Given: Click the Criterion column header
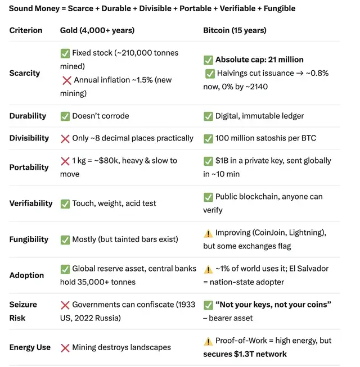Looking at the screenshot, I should [25, 30].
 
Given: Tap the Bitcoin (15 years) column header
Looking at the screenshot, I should [235, 30].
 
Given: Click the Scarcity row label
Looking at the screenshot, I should [25, 73].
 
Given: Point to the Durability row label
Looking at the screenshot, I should [28, 116].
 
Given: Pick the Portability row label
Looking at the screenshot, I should [29, 167].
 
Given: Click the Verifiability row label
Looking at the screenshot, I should [31, 203].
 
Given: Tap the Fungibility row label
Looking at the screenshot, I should [29, 239].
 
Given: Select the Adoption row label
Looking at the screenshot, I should [26, 275].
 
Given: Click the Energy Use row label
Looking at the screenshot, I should [30, 347].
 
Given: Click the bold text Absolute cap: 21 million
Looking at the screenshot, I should [259, 60].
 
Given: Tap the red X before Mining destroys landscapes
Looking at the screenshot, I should [65, 347].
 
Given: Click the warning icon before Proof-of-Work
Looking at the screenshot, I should [208, 341].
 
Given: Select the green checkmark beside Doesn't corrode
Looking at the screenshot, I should [65, 116].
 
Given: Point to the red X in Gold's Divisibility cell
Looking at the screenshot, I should [65, 138].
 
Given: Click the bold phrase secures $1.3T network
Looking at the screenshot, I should [245, 354].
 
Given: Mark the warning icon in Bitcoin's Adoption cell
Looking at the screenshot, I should [208, 269].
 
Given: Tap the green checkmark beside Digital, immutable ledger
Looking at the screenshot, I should [208, 116].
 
